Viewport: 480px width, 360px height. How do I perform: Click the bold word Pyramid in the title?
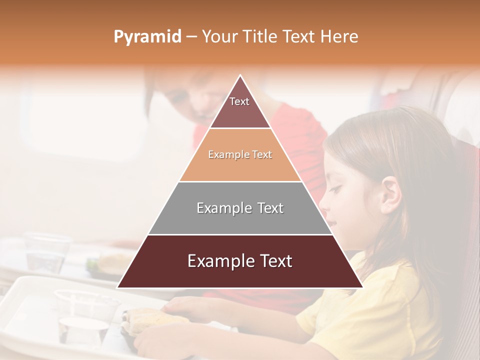(x=147, y=37)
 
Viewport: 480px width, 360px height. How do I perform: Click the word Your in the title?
(x=218, y=37)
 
